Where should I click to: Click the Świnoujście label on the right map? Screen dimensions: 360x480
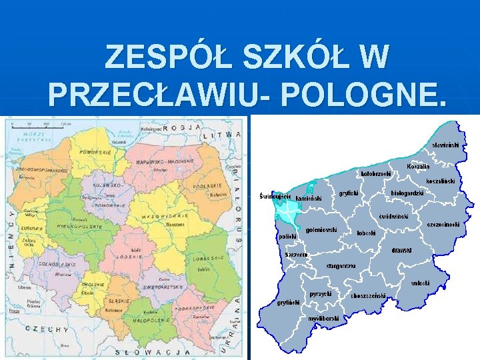[275, 196]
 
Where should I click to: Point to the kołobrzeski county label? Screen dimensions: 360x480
[375, 174]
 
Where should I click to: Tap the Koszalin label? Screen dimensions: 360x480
[419, 167]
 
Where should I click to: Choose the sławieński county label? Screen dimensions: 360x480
[449, 144]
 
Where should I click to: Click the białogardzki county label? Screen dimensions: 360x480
[407, 193]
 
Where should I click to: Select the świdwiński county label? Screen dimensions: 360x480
[395, 217]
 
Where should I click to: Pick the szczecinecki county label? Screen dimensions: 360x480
[443, 225]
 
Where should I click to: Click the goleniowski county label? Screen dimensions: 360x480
[321, 230]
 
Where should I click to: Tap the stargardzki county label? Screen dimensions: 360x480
[341, 266]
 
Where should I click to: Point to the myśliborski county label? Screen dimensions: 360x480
[324, 319]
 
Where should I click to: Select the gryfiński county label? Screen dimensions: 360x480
[289, 302]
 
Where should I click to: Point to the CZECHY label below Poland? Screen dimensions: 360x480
[47, 329]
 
